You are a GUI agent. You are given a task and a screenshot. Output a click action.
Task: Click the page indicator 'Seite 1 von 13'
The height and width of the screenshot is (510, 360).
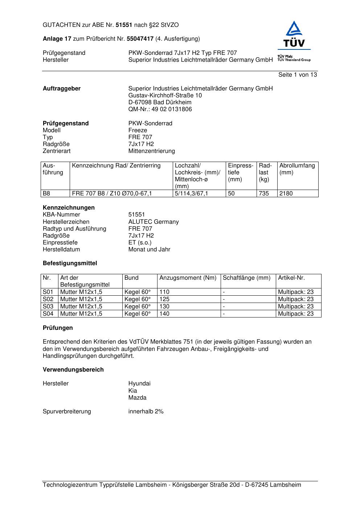tap(297, 75)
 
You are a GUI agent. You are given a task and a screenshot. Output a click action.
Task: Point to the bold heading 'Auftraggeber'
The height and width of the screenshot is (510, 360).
tap(62, 89)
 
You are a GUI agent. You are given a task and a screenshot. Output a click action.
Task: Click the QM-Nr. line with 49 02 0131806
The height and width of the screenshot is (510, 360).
tap(160, 109)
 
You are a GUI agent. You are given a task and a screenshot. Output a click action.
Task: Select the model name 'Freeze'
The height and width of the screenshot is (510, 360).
tap(138, 130)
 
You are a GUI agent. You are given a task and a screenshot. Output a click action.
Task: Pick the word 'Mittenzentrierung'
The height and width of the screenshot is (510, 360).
tap(151, 151)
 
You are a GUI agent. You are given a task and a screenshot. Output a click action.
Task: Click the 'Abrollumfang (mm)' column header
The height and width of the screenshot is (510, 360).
tap(297, 169)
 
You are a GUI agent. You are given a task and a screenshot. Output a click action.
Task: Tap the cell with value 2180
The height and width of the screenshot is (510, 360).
tap(286, 194)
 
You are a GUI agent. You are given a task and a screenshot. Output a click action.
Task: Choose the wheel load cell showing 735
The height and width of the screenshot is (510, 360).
tap(264, 194)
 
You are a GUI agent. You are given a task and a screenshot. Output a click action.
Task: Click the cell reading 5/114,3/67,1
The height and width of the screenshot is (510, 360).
tap(191, 194)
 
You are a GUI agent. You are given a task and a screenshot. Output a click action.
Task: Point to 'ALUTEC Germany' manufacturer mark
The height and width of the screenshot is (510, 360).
tap(153, 222)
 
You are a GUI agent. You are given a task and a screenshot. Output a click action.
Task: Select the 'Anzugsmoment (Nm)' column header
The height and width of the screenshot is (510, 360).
tap(188, 278)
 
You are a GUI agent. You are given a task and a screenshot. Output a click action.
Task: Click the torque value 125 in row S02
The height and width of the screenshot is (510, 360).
tap(164, 299)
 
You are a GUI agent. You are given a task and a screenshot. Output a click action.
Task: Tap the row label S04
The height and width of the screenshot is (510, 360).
tap(48, 314)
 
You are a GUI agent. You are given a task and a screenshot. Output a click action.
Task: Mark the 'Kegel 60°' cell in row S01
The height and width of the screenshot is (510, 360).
tap(138, 292)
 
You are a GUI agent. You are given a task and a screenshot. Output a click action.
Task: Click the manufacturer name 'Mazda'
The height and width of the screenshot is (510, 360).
tap(137, 398)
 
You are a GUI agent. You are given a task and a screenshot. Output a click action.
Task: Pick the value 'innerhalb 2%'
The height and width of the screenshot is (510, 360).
tap(146, 412)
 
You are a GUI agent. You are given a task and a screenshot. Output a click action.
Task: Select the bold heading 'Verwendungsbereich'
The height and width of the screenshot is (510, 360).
tap(73, 370)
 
